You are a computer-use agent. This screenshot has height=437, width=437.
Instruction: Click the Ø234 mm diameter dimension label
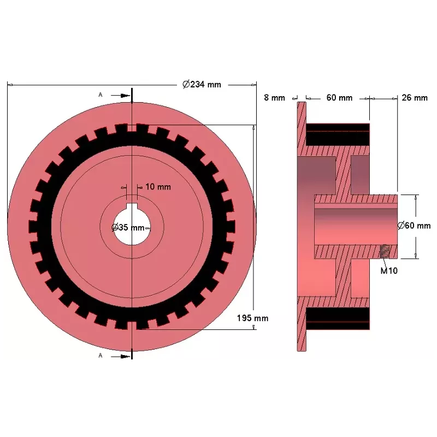[202, 84]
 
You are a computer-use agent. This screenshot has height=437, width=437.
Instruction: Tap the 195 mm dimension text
[252, 318]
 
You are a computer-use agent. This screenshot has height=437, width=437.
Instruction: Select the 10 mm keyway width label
[158, 187]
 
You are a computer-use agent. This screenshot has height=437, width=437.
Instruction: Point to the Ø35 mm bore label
[128, 227]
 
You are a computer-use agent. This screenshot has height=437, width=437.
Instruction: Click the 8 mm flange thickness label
[275, 98]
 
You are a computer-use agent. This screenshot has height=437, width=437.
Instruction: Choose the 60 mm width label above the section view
[339, 98]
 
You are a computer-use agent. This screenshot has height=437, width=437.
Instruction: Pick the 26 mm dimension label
[415, 98]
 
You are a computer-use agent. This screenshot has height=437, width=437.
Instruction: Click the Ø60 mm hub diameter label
[414, 225]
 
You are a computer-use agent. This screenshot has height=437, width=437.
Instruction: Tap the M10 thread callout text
[389, 270]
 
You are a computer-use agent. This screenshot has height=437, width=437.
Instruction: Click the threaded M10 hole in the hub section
[385, 251]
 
